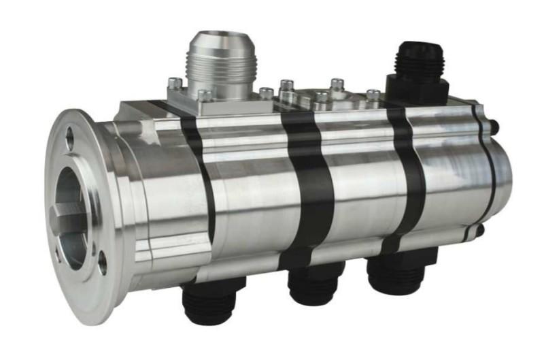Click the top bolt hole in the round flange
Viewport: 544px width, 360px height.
tap(69, 140)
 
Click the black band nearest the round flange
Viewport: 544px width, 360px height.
tap(197, 177)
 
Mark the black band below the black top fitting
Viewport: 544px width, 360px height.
tap(407, 170)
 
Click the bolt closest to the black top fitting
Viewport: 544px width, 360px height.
tap(373, 95)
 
